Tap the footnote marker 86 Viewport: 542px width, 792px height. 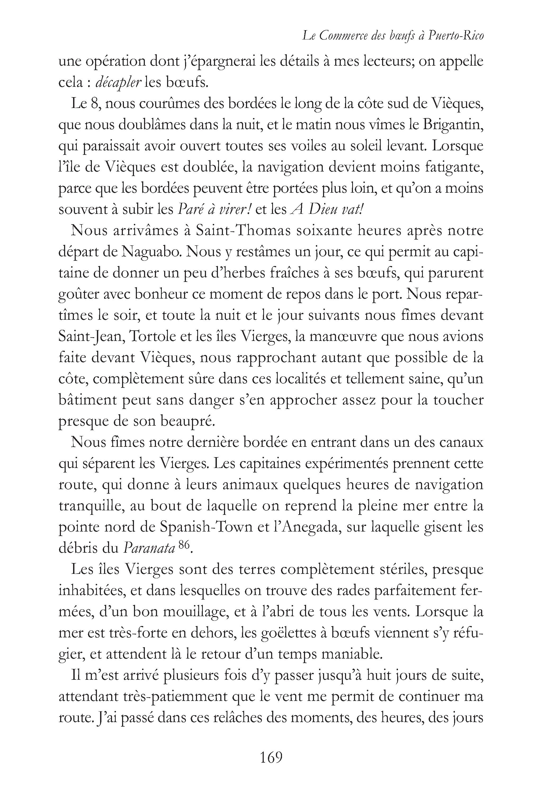coord(183,545)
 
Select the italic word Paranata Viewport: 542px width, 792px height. coord(149,548)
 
